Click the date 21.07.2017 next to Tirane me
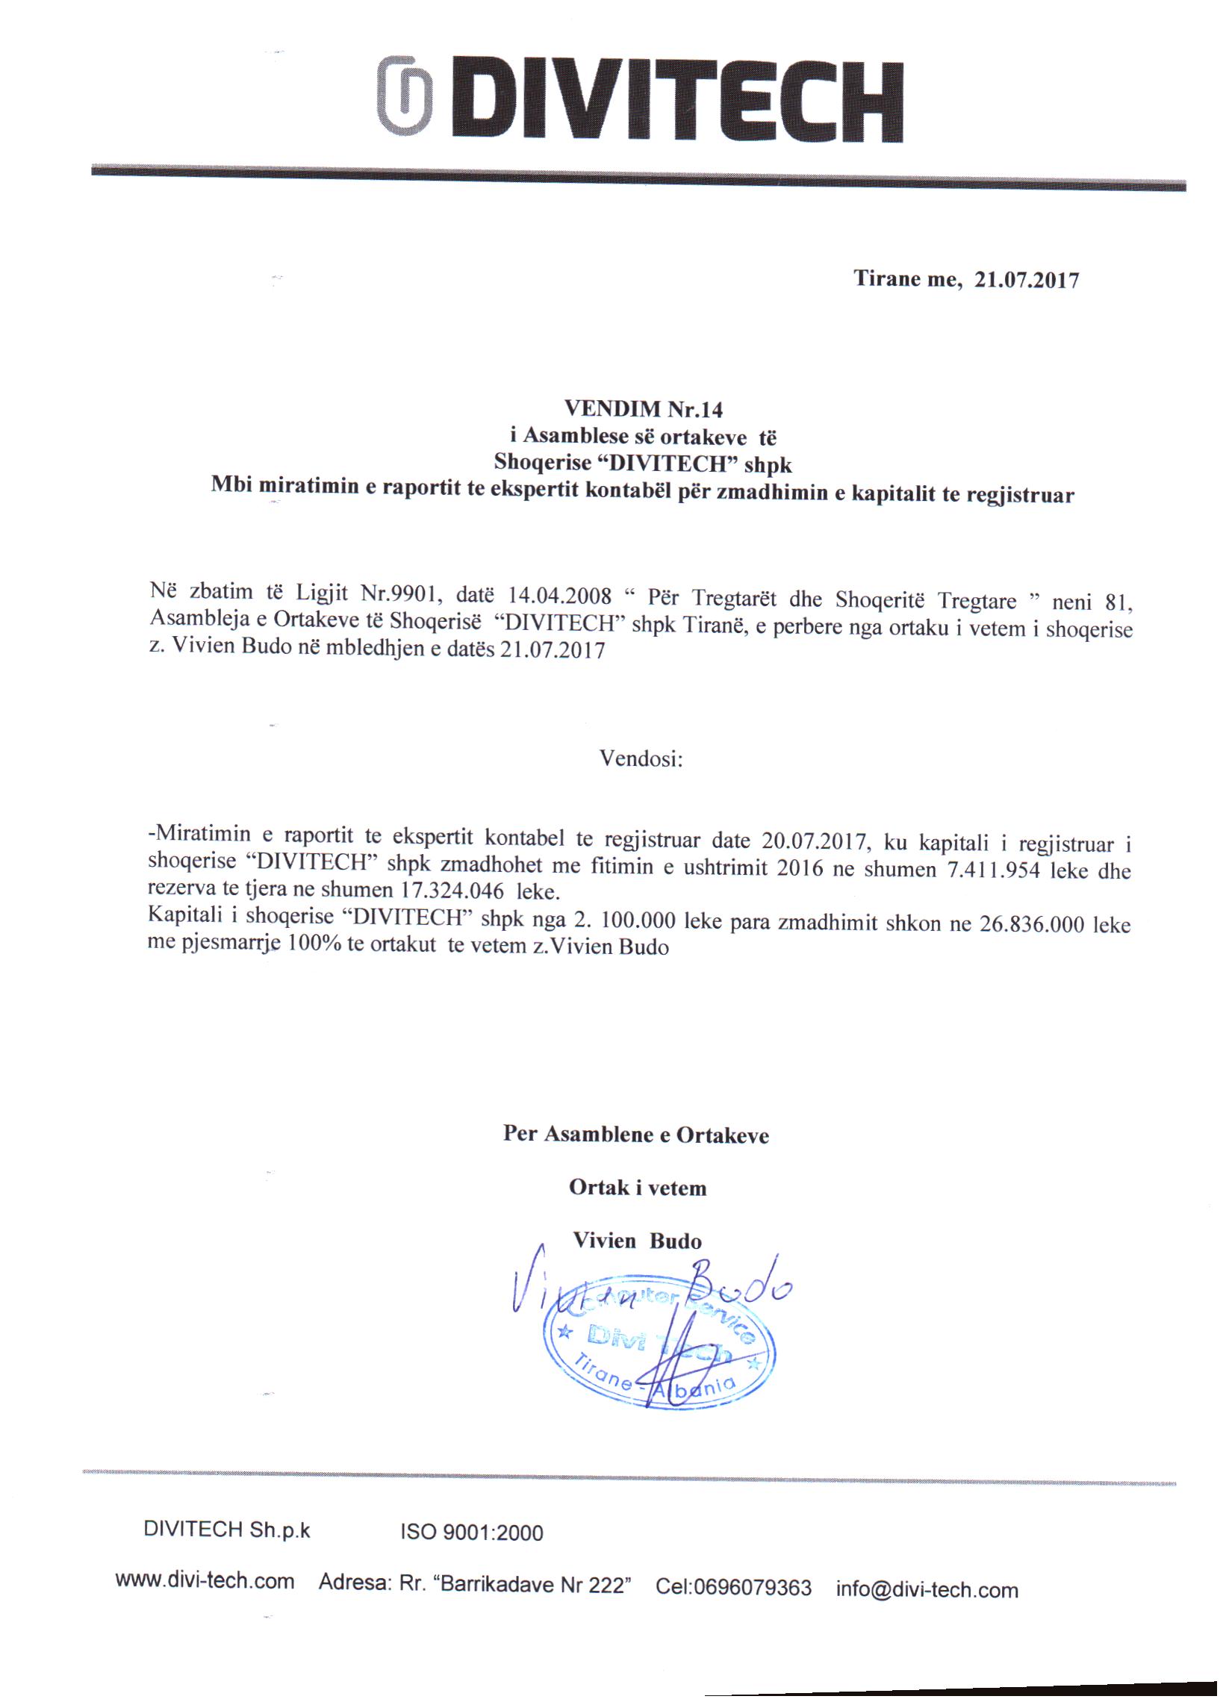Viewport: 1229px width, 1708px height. point(1027,280)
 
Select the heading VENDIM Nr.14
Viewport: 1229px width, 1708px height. point(643,409)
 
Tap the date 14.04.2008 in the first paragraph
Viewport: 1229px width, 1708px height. point(559,596)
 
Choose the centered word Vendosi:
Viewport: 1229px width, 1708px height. point(641,758)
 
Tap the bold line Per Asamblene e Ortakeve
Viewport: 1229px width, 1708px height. point(636,1134)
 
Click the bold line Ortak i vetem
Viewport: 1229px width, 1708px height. point(638,1188)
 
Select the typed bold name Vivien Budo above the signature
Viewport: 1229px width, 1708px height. point(637,1241)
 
